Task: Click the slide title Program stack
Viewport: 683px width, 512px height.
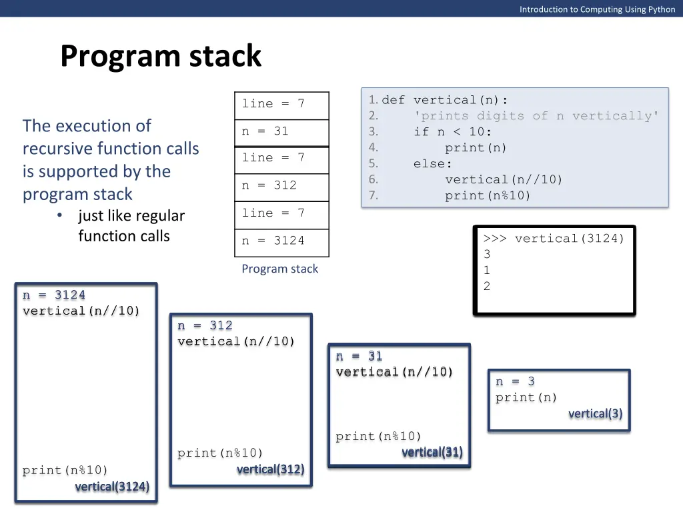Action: tap(161, 56)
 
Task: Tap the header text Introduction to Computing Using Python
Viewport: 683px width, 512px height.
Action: tap(597, 9)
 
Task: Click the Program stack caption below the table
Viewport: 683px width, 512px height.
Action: tap(279, 269)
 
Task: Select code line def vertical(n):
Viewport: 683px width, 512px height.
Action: tap(445, 100)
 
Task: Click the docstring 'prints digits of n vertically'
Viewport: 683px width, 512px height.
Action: tap(536, 116)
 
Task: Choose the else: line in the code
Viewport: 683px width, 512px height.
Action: tap(433, 164)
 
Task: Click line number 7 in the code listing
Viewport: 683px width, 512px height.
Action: tap(373, 195)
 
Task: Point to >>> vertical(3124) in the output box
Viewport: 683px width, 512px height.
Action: tap(554, 239)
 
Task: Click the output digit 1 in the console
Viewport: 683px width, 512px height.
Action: tap(487, 271)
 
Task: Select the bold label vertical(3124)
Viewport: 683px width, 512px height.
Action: tap(112, 487)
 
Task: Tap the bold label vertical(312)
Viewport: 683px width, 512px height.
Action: tap(270, 469)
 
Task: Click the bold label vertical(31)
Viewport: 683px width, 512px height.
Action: tap(432, 453)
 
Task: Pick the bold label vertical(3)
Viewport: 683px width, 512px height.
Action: tap(595, 414)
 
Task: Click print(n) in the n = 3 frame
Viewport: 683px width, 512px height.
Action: tap(526, 398)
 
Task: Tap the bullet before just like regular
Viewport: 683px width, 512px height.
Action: tap(60, 216)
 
